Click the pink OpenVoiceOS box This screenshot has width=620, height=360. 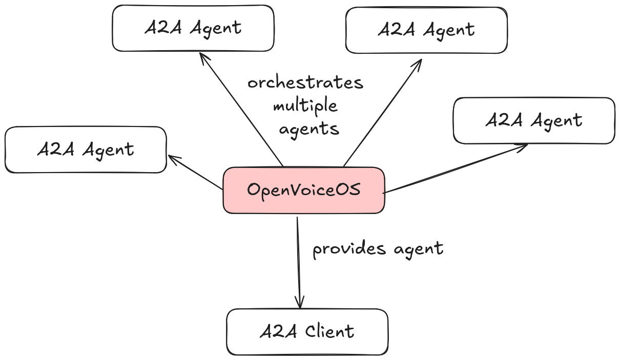pyautogui.click(x=303, y=190)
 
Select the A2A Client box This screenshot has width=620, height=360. pyautogui.click(x=307, y=332)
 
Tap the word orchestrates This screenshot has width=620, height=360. pyautogui.click(x=305, y=82)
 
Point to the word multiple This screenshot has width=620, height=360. pyautogui.click(x=305, y=106)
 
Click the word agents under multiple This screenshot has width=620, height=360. pyautogui.click(x=309, y=128)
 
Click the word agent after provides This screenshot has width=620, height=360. pyautogui.click(x=418, y=249)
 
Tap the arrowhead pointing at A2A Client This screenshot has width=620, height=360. pyautogui.click(x=299, y=303)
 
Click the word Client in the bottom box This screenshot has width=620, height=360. pyautogui.click(x=329, y=332)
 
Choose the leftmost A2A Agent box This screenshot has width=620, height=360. pyautogui.click(x=86, y=150)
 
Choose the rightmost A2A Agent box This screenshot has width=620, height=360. pyautogui.click(x=534, y=120)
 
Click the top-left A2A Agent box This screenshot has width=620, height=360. pyautogui.click(x=193, y=28)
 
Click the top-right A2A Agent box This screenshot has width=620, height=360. pyautogui.click(x=426, y=30)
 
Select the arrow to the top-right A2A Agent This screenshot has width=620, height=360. pyautogui.click(x=382, y=112)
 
